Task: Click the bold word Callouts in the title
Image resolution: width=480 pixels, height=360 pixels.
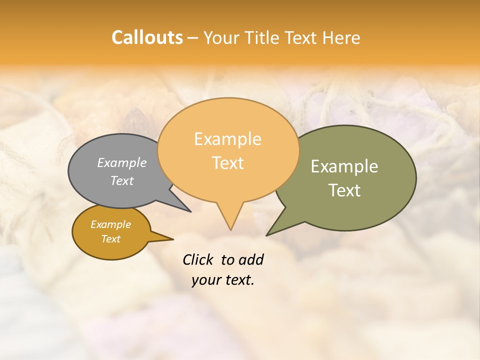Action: tap(147, 37)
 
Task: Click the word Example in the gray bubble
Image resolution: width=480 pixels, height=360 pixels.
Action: tap(122, 163)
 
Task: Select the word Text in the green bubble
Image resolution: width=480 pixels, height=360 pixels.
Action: tap(344, 190)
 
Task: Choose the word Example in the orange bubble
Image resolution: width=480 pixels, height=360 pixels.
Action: tap(228, 139)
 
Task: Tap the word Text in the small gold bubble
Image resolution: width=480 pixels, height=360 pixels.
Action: tap(111, 239)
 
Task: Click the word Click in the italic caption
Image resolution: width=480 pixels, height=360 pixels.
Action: tap(198, 259)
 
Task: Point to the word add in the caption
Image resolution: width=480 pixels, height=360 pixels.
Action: tap(251, 259)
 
